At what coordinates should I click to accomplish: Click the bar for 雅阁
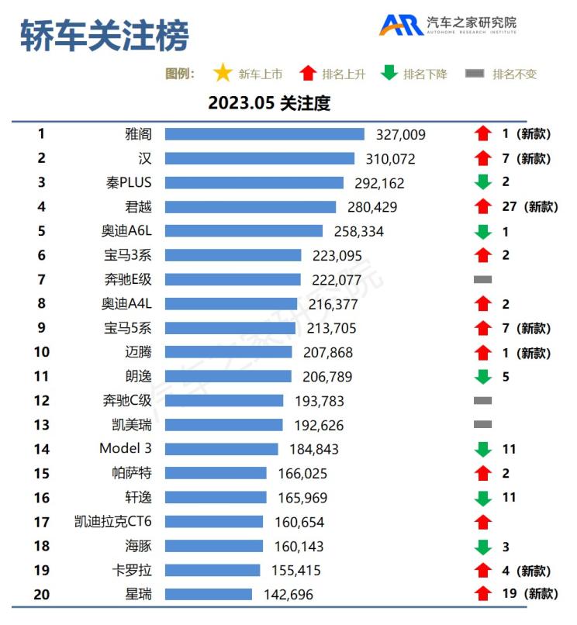[x=264, y=134]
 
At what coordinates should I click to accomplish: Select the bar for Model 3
[x=221, y=449]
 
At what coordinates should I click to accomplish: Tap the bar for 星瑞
[x=208, y=594]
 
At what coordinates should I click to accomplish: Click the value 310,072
[x=390, y=159]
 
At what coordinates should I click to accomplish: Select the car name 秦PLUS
[x=129, y=183]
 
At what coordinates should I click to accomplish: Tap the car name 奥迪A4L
[x=126, y=304]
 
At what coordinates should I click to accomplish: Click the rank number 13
[x=41, y=425]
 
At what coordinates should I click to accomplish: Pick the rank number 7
[x=41, y=279]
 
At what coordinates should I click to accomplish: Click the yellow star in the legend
[x=223, y=74]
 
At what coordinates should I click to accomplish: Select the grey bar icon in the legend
[x=475, y=74]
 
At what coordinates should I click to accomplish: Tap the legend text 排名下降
[x=425, y=74]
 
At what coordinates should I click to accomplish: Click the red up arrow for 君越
[x=483, y=207]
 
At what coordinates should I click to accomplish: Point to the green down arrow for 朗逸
[x=483, y=377]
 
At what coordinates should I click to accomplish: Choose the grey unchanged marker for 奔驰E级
[x=482, y=279]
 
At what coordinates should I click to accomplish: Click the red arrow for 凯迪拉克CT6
[x=483, y=522]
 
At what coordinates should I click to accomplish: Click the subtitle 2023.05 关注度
[x=269, y=103]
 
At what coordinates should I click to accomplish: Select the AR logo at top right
[x=400, y=25]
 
